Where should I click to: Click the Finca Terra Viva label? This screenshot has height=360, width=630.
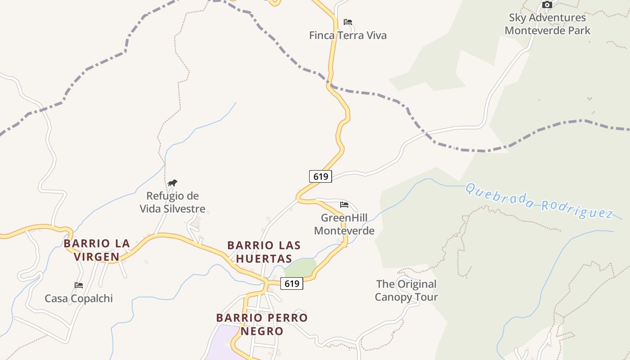click(x=347, y=36)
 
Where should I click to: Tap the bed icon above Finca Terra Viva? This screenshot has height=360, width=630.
click(x=347, y=22)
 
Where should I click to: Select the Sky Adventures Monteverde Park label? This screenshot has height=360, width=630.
click(x=547, y=24)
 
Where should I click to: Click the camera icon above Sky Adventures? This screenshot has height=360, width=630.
click(x=547, y=5)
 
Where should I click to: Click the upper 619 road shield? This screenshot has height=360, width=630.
click(x=320, y=176)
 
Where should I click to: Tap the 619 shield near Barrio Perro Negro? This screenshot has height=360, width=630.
click(x=292, y=283)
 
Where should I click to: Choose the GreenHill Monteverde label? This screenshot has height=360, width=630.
click(x=344, y=224)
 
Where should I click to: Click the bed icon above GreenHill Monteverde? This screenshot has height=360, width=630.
click(x=344, y=205)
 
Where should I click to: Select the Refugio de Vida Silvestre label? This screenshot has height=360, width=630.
click(x=172, y=202)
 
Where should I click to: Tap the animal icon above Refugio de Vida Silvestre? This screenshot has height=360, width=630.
click(x=172, y=183)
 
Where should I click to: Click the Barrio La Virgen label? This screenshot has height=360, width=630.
click(x=97, y=250)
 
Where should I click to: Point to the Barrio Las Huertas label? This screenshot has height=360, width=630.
click(x=264, y=252)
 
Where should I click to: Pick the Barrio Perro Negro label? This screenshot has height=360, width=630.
click(x=262, y=324)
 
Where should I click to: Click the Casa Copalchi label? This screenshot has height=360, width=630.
click(x=79, y=298)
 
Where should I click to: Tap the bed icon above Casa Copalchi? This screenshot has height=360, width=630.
click(x=79, y=285)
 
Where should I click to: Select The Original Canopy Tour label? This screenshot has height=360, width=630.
click(x=406, y=291)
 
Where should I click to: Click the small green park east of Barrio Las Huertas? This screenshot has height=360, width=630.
click(x=301, y=268)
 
